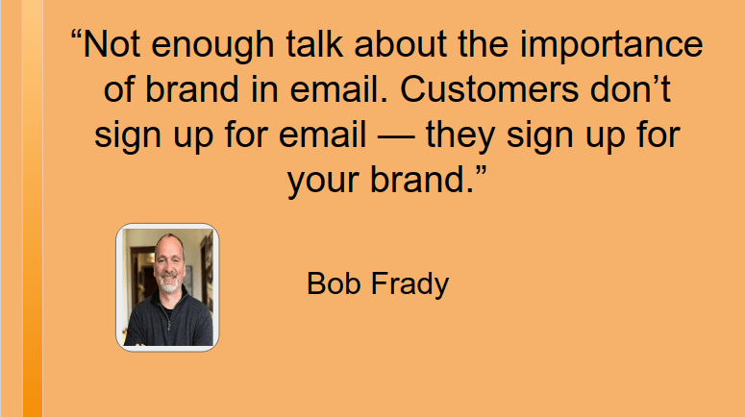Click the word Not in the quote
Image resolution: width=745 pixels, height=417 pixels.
point(112,43)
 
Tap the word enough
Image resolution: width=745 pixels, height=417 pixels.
point(212,46)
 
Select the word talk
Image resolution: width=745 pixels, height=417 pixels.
point(314,43)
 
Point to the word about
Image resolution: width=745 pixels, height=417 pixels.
point(400,43)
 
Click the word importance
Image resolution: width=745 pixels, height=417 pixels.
point(611,46)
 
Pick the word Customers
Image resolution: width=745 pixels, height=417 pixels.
point(489,88)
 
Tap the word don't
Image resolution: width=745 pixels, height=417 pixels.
point(631,88)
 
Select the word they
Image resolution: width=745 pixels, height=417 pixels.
point(459,136)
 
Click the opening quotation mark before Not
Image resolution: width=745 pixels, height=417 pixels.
point(77,35)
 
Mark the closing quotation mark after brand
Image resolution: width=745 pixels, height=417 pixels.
point(481,171)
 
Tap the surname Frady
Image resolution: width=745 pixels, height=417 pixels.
point(410,286)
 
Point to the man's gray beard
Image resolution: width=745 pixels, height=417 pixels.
point(168,284)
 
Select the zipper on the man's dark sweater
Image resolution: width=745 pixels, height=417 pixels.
point(167,317)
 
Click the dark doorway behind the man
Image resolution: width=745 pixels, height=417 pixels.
point(140,277)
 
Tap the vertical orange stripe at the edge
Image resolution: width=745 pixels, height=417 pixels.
point(33,208)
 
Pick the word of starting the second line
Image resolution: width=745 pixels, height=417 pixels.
point(119,88)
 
